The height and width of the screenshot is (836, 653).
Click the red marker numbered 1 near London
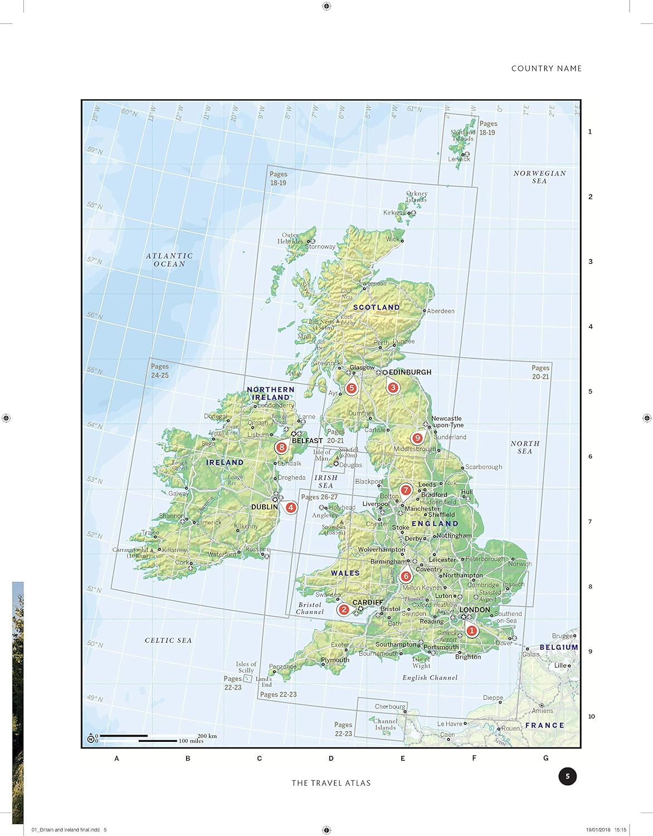472,630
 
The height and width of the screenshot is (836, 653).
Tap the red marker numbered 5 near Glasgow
350,388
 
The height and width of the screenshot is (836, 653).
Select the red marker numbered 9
417,438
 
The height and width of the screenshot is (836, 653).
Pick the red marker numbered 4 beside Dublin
290,507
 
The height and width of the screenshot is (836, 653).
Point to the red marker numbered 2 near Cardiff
344,610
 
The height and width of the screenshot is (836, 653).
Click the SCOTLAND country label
377,307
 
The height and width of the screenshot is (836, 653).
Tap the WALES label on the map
345,573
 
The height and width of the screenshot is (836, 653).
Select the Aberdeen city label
441,311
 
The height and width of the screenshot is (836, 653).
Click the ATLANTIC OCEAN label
169,260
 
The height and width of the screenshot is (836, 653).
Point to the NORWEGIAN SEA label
539,177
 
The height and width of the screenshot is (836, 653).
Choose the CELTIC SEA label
168,640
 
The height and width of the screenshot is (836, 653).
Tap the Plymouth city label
335,660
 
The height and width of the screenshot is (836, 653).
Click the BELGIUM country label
559,647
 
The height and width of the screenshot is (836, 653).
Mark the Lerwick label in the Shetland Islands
459,159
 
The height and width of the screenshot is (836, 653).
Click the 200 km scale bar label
207,736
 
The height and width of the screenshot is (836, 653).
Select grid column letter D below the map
331,758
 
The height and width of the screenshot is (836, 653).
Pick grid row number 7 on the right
591,522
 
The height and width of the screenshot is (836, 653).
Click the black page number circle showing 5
567,776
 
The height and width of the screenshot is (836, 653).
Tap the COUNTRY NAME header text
546,69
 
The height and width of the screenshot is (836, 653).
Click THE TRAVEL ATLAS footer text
331,783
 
